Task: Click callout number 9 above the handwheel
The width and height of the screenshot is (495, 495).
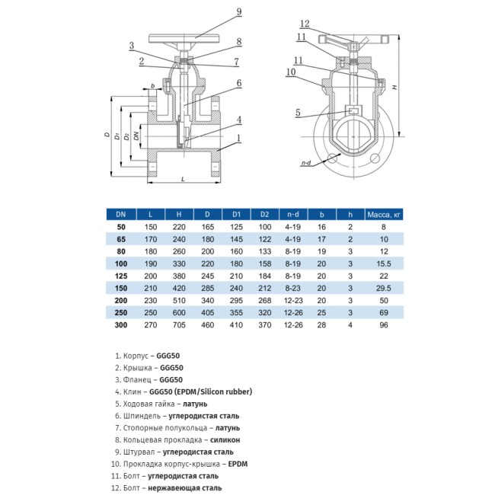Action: click(238, 11)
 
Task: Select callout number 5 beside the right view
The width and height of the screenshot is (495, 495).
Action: click(297, 113)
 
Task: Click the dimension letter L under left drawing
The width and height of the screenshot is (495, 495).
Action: click(183, 179)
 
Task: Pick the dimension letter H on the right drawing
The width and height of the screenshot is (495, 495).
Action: click(394, 88)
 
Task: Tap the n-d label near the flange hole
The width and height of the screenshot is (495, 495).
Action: click(306, 164)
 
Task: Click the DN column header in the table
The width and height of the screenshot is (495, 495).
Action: click(120, 215)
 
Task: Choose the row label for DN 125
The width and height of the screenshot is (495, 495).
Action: click(120, 275)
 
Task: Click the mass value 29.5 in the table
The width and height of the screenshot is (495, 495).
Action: click(384, 289)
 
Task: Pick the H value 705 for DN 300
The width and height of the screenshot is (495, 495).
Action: click(179, 326)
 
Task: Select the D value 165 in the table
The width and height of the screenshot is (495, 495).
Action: click(207, 227)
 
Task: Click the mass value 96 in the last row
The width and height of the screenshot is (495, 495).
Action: click(384, 326)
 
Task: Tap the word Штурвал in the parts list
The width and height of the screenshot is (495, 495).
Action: click(136, 452)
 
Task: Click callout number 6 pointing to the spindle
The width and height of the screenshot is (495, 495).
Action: click(238, 83)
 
